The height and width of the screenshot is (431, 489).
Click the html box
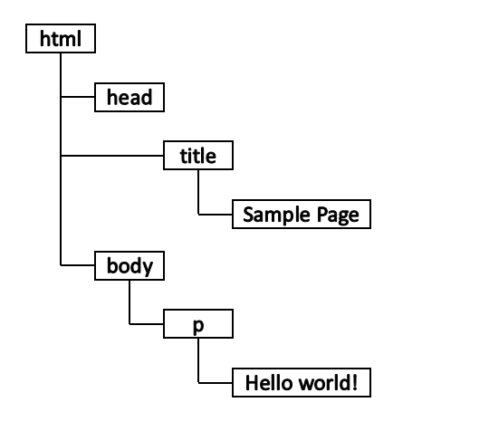(x=61, y=38)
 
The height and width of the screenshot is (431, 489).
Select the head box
(x=129, y=97)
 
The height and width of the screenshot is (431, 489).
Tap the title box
(x=198, y=156)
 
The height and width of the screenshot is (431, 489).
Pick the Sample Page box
(x=302, y=215)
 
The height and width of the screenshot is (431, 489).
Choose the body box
(x=129, y=265)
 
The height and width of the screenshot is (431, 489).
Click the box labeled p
(x=198, y=324)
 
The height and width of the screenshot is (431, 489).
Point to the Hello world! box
(x=302, y=383)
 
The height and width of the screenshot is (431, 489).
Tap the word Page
(x=338, y=215)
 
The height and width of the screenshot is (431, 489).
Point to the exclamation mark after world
(x=354, y=383)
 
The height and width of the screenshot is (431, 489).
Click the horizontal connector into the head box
(x=78, y=97)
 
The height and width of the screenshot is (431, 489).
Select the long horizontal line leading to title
(x=112, y=156)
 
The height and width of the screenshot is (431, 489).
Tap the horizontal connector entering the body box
(x=78, y=265)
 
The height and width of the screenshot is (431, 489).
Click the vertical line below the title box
(x=198, y=192)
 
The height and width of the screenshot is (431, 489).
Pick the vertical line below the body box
(x=129, y=302)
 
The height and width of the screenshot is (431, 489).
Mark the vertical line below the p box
(x=198, y=360)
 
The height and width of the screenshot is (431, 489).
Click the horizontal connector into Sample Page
(x=216, y=215)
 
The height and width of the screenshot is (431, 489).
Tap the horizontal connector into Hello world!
(x=216, y=383)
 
